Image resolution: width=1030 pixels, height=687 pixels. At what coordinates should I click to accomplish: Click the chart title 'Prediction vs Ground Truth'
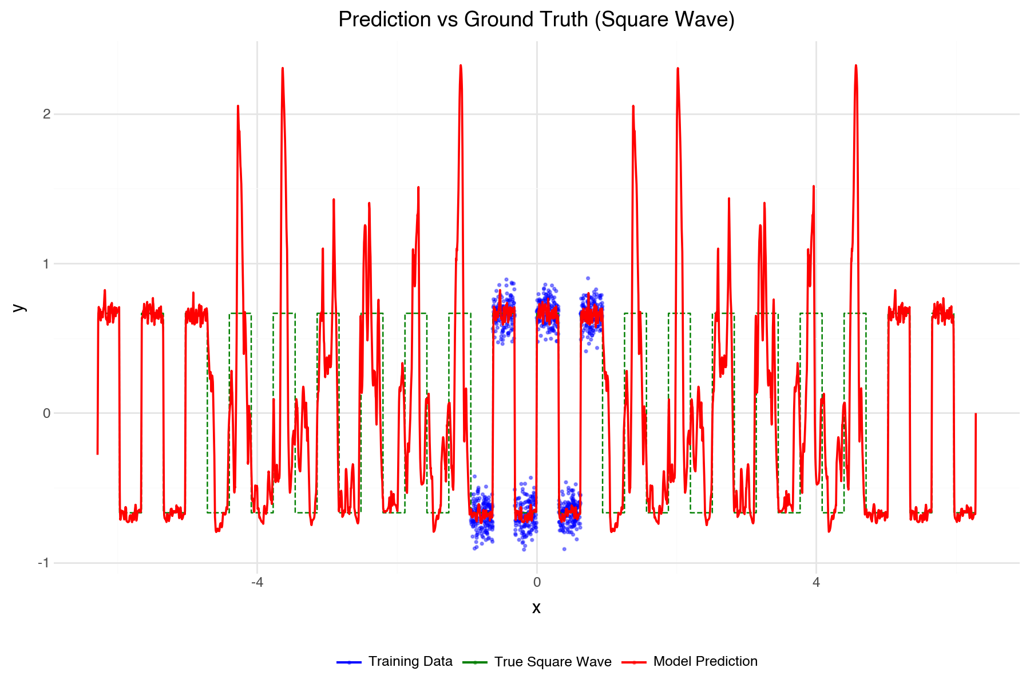[536, 19]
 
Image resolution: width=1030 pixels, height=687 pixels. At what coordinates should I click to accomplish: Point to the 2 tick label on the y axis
[47, 114]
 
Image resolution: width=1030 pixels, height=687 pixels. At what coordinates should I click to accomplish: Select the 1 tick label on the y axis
[47, 264]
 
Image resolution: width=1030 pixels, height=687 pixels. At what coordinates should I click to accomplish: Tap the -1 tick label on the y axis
[43, 563]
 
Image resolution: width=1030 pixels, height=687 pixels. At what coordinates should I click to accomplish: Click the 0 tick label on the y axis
[47, 413]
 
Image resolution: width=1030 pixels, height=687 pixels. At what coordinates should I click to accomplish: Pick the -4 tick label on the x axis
[257, 583]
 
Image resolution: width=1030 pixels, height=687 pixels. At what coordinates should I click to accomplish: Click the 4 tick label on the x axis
[816, 583]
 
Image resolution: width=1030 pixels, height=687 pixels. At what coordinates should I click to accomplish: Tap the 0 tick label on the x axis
[537, 583]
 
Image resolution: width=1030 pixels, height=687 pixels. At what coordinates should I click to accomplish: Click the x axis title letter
[536, 608]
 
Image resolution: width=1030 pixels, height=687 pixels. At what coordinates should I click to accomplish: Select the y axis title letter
[19, 307]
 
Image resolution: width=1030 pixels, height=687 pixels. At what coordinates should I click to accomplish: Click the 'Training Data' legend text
[410, 662]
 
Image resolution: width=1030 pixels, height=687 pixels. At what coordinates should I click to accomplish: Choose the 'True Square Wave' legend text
[553, 662]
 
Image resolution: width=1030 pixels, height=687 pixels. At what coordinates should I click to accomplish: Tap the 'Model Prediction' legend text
[705, 662]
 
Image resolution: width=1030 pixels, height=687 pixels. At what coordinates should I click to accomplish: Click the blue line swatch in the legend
[349, 662]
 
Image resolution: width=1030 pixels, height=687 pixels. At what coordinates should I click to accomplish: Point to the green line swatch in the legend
[475, 662]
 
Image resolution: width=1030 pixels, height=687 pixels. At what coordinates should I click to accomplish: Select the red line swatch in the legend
[634, 662]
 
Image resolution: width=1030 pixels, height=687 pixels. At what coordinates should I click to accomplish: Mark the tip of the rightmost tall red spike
[856, 65]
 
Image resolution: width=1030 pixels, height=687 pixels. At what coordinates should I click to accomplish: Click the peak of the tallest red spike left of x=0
[461, 65]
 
